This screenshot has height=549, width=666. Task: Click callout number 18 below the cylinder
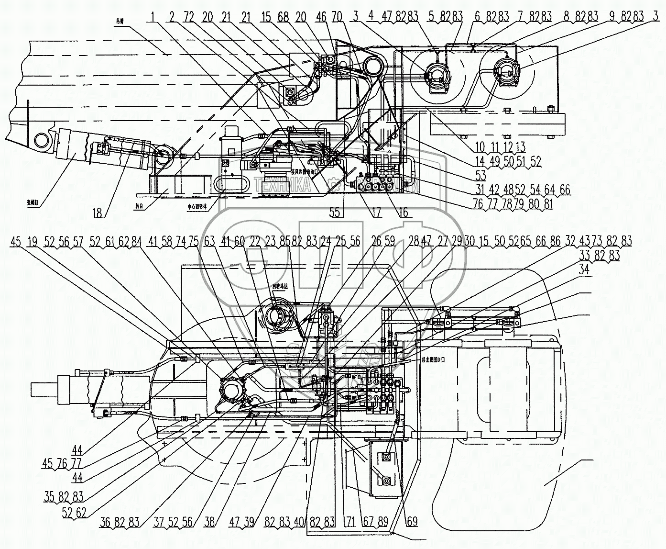coord(98,212)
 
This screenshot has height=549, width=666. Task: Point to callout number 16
coord(404,212)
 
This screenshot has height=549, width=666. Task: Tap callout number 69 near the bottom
coord(412,521)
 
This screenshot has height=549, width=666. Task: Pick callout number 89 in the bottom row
coord(383,521)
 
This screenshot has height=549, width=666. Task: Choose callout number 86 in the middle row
coord(555,241)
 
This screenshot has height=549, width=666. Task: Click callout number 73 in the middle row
coord(597,241)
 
